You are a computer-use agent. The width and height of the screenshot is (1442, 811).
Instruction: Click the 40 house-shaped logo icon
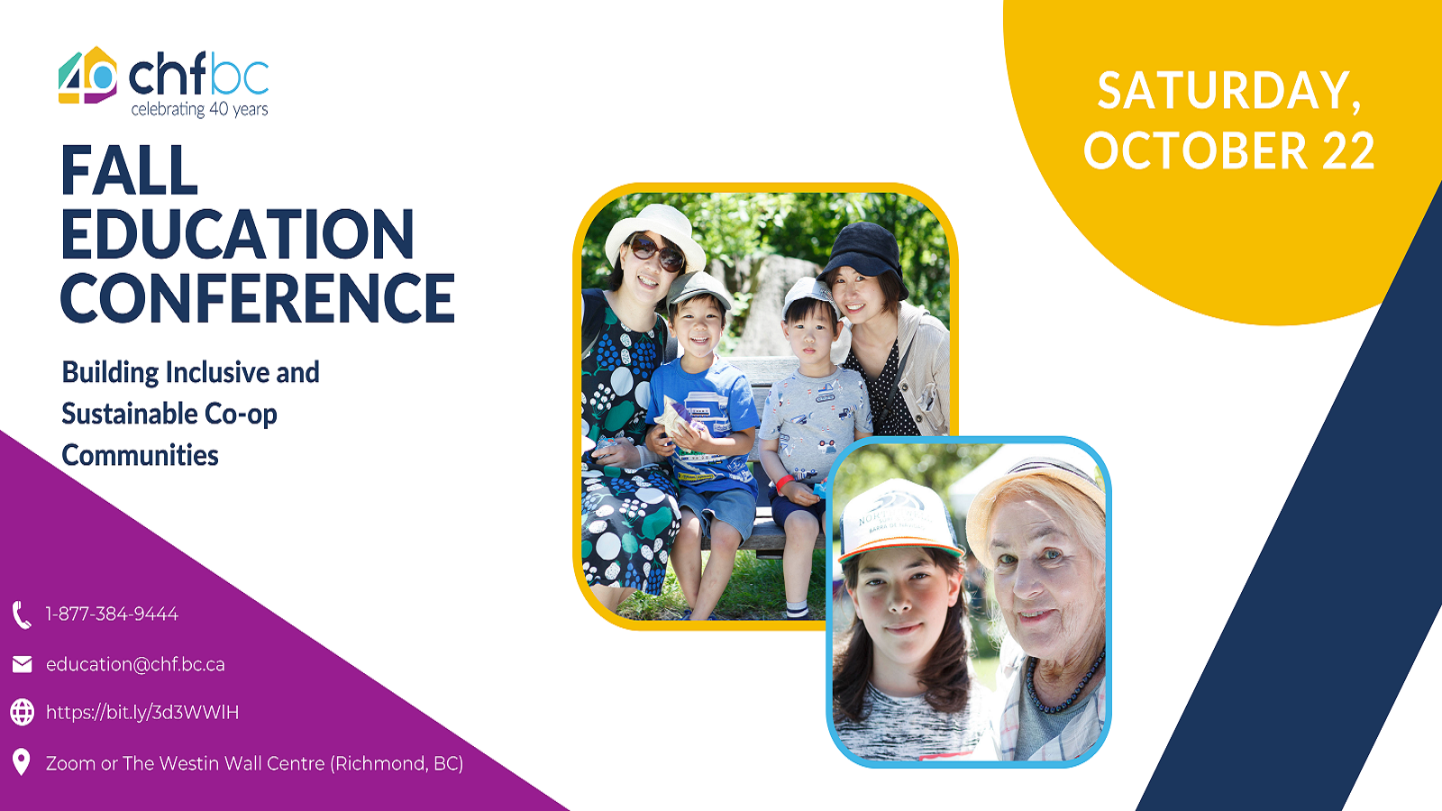pos(87,76)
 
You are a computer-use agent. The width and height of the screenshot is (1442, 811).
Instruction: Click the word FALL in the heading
pos(129,170)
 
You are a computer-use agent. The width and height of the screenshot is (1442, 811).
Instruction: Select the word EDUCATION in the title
pos(238,233)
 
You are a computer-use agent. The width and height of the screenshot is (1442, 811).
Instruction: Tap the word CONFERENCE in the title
pos(258,297)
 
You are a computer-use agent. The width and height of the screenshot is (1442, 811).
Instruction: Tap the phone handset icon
pos(22,615)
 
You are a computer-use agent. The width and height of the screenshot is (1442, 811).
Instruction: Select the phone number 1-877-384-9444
pos(112,614)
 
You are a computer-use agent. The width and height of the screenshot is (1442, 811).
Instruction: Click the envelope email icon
pos(22,664)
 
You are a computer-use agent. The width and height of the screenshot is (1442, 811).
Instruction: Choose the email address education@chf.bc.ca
pos(135,664)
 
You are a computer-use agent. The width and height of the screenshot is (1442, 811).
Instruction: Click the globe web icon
pos(22,713)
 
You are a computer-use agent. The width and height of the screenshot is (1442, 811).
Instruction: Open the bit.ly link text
pos(142,713)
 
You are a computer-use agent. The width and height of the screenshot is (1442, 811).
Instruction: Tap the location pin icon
pos(22,762)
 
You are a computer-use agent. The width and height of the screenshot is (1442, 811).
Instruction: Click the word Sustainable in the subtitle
pos(129,414)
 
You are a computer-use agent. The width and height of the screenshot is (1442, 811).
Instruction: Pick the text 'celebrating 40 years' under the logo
pos(199,109)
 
